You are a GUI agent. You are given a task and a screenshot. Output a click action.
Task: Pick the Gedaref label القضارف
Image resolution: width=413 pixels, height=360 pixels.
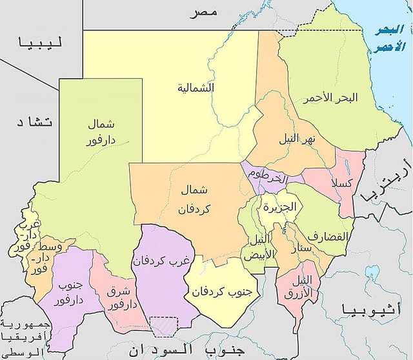328,236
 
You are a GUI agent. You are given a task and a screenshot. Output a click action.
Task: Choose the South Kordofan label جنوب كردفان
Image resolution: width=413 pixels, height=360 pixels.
215,291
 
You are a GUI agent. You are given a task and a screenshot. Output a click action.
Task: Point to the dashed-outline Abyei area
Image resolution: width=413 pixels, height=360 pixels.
164,326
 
